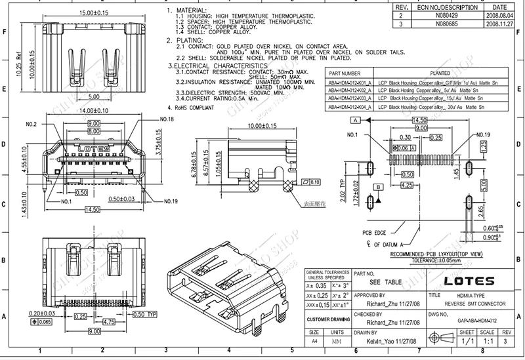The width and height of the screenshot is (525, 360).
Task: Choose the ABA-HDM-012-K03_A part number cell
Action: click(349, 98)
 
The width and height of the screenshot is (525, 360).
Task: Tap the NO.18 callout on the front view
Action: click(167, 120)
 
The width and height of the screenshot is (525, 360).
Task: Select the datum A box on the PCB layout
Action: click(354, 121)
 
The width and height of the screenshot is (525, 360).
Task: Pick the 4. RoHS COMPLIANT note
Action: click(192, 106)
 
